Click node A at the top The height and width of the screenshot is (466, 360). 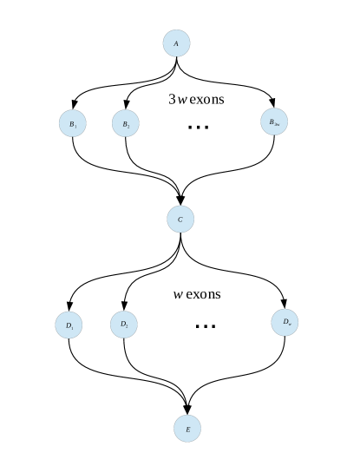[x=177, y=43]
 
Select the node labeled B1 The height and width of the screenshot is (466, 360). [x=74, y=124]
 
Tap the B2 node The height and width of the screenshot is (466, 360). [x=127, y=124]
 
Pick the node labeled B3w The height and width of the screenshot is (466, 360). [x=273, y=123]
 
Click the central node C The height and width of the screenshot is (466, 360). [x=180, y=219]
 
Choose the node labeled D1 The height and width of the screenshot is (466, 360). [x=69, y=325]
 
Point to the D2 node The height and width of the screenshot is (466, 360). [x=124, y=325]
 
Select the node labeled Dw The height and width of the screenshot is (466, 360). [x=285, y=322]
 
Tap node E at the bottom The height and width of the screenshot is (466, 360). [x=187, y=429]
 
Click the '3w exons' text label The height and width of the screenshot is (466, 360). [x=196, y=99]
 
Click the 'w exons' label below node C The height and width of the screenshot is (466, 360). [x=197, y=294]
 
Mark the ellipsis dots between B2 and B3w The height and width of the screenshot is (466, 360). [x=199, y=128]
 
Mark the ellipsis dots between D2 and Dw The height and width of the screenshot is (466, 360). [x=205, y=326]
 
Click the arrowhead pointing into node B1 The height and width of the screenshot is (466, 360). [x=74, y=106]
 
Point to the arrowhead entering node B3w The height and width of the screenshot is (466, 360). [x=273, y=105]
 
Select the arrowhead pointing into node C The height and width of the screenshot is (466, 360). [x=180, y=200]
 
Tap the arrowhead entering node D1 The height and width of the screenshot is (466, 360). [x=69, y=307]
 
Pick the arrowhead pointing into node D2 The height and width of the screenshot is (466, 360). [x=124, y=306]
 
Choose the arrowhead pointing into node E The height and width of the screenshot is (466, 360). [x=187, y=410]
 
